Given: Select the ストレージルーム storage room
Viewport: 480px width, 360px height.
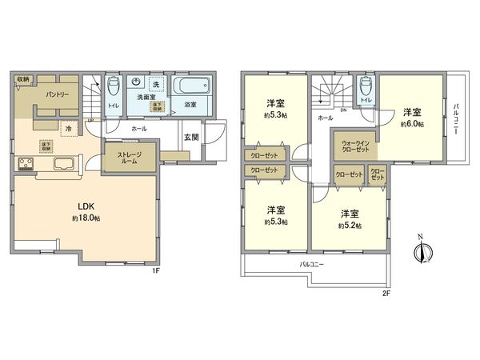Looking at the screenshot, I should [x=130, y=157].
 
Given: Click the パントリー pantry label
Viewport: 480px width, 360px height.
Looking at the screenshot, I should [x=55, y=95].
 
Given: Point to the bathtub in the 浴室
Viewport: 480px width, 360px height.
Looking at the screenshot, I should [x=193, y=87].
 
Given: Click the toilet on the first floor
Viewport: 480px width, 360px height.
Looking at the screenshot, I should [x=112, y=90].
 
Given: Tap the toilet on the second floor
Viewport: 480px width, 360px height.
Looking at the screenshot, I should [x=366, y=86].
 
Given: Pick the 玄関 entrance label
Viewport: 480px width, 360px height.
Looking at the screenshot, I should [x=192, y=137].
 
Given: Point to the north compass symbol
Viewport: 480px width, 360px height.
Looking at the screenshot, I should [x=419, y=252].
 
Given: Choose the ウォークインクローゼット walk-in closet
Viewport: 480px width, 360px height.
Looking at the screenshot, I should [x=352, y=145].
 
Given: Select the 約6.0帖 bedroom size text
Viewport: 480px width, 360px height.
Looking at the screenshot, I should [x=412, y=124].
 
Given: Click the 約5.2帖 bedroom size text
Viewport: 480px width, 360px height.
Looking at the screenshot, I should [x=350, y=226].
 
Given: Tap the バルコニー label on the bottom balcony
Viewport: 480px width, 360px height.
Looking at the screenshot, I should [x=313, y=263].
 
